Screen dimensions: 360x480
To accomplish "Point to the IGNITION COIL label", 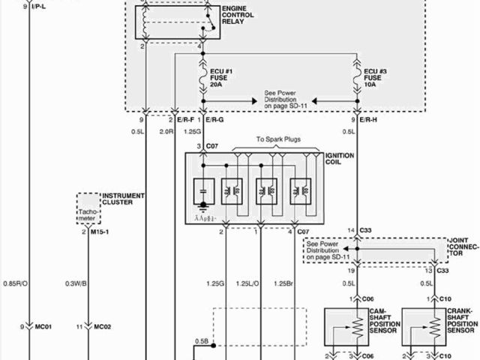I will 340,159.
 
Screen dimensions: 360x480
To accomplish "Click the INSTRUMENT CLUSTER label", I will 123,199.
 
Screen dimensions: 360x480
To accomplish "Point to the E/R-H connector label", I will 367,121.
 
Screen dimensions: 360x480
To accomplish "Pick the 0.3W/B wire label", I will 76,283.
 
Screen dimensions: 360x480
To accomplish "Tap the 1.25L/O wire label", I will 247,283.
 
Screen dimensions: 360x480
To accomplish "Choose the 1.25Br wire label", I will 283,283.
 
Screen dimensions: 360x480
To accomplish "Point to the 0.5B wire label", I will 202,341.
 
